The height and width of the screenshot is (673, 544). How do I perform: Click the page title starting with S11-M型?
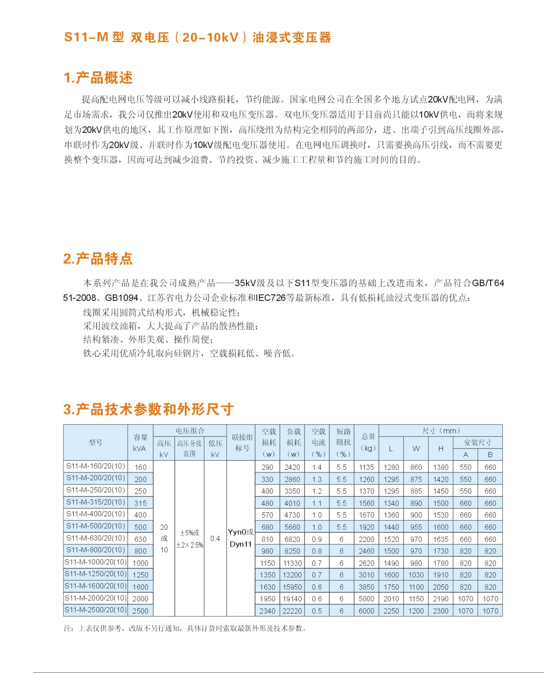point(197,37)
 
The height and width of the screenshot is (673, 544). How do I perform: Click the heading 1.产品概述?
point(98,78)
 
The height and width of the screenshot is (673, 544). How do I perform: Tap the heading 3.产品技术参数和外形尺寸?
point(148,409)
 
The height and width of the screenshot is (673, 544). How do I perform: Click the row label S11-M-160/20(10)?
point(95,466)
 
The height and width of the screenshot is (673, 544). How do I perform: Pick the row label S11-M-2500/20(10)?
point(95,610)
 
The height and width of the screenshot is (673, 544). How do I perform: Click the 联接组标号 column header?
point(242,442)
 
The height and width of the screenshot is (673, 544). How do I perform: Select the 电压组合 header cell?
point(190,431)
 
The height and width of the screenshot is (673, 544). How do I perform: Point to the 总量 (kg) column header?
point(367,442)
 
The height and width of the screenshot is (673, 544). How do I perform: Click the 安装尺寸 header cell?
point(477,442)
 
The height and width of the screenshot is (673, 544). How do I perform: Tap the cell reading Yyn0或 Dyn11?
point(241,538)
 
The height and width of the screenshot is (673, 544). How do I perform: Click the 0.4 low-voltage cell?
point(215,538)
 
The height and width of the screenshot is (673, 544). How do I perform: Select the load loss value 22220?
point(292,610)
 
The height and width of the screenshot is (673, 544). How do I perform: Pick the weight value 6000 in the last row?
point(367,610)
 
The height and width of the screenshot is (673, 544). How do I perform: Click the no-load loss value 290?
point(267,467)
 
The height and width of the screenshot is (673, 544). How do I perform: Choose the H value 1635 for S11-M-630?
point(440,539)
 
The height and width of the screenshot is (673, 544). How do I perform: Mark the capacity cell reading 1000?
point(140,563)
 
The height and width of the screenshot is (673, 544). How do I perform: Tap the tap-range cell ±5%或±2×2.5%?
point(190,538)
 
